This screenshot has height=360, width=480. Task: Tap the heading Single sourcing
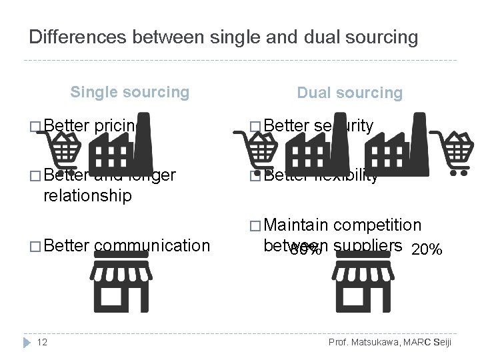129,92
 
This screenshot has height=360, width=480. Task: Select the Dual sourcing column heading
349,93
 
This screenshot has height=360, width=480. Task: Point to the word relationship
87,195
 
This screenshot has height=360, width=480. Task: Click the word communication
152,245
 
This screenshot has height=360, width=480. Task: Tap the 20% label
427,250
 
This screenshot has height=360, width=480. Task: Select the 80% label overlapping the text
306,251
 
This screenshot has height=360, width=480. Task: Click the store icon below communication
121,285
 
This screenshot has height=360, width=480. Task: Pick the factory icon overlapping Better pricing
121,147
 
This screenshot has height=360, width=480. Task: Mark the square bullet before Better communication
35,246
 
